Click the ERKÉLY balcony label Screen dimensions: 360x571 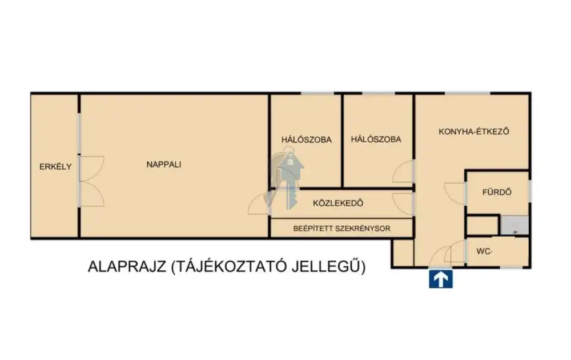[55, 167]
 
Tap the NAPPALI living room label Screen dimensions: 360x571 [164, 165]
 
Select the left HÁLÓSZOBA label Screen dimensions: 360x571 [306, 139]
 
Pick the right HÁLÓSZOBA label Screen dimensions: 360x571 [376, 139]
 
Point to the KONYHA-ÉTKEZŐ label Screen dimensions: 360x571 [473, 131]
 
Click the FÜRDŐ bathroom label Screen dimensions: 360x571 [497, 193]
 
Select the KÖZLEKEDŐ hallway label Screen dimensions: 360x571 [339, 203]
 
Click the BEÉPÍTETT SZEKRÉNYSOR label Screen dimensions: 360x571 [341, 229]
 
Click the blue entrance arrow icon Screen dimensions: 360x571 [440, 279]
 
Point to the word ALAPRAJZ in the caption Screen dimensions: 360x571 [127, 267]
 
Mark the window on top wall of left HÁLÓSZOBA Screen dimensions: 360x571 [317, 93]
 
